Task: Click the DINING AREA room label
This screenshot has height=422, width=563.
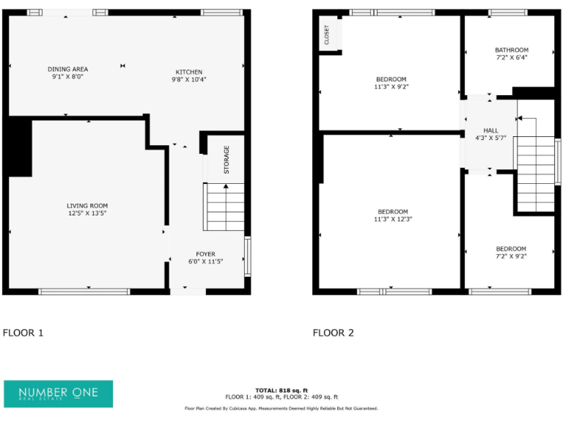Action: [67, 69]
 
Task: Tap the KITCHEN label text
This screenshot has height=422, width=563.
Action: [188, 72]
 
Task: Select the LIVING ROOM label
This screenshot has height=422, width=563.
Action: [87, 206]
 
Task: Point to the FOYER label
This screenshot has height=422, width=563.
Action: [205, 253]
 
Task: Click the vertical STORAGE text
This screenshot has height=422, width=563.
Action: [227, 160]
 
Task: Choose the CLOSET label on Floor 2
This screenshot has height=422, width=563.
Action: [327, 34]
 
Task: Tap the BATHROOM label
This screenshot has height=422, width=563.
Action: [511, 50]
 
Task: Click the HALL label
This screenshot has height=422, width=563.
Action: [490, 130]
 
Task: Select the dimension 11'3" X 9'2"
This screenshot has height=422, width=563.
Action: [391, 86]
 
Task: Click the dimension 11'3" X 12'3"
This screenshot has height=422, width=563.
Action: [393, 219]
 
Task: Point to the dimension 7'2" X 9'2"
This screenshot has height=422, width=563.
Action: [511, 256]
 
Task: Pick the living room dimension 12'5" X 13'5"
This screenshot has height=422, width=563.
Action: [87, 213]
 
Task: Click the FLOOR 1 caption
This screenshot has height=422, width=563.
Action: [23, 333]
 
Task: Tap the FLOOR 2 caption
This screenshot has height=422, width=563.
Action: [334, 333]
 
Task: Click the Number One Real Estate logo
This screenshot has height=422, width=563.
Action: [59, 393]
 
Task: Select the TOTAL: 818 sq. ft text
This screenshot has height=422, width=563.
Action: [281, 390]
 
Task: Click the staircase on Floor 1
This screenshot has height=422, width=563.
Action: [224, 207]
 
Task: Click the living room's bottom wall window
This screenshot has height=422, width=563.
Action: [84, 292]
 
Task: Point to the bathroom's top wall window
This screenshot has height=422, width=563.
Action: [507, 12]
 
